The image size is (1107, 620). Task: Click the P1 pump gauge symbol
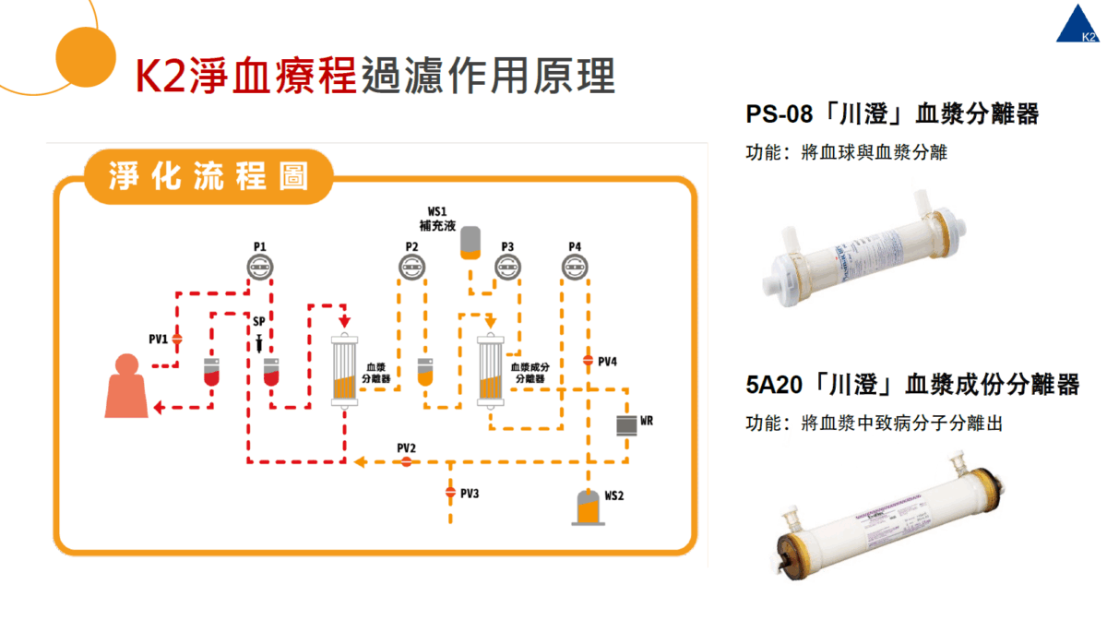coord(259,268)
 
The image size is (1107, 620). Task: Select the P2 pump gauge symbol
coord(412,268)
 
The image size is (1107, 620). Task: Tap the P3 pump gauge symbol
coord(506,268)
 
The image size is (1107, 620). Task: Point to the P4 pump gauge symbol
coord(574,268)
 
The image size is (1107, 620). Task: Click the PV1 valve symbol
coord(178,339)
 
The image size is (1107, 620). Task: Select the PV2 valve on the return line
coord(406,461)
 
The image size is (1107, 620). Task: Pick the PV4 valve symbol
coord(587,361)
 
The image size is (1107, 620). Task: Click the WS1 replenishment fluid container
coord(470,242)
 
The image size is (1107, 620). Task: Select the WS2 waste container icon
coord(586,507)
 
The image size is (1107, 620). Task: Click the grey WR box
coord(626,424)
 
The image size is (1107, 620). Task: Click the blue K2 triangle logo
coord(1080,25)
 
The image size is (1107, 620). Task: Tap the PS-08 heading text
coord(892,114)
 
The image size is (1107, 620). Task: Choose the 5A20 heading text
coord(911,385)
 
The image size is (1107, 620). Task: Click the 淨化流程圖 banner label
coord(208,176)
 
